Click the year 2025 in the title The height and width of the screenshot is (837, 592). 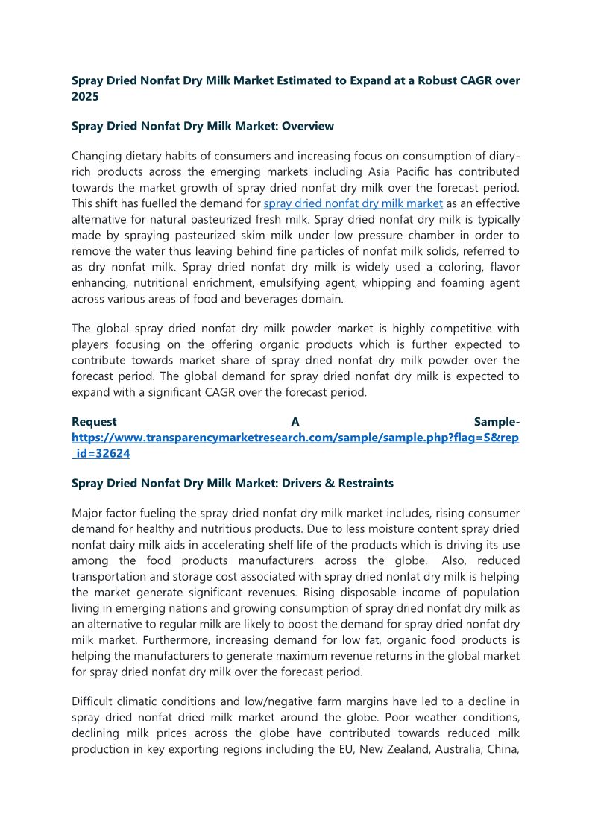point(86,97)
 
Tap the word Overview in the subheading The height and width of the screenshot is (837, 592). point(306,126)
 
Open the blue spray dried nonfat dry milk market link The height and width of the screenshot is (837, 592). point(353,203)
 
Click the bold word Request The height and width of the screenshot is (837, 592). point(94,422)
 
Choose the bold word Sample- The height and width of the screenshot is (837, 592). point(497,422)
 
